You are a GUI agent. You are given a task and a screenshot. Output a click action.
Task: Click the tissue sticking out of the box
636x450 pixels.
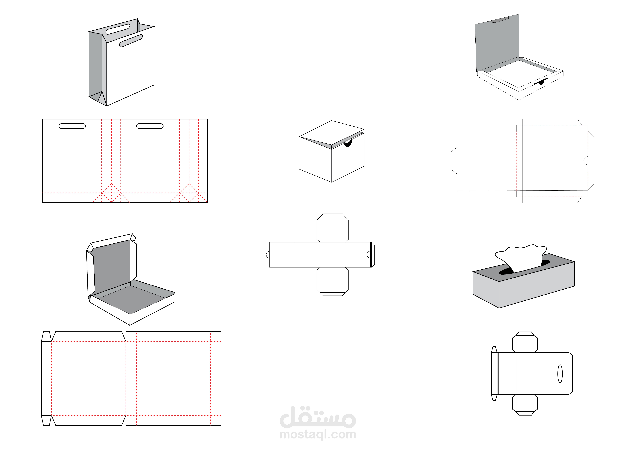pos(521,258)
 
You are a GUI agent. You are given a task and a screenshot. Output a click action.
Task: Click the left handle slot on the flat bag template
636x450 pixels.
pos(72,126)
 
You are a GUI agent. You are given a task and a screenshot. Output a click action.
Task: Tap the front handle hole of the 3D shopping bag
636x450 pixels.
pos(131,41)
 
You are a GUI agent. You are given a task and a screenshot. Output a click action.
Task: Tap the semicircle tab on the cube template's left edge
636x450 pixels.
pos(268,255)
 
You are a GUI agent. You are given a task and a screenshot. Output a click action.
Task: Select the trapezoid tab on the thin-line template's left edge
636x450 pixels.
pos(454,161)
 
